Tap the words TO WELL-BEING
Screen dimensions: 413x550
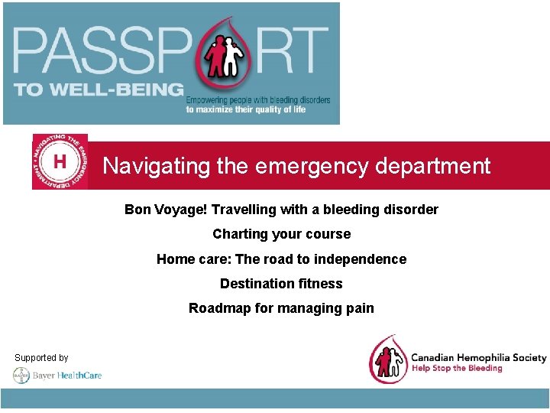[x=99, y=89]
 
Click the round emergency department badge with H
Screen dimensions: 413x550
[x=60, y=162]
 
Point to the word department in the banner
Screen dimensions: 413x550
[x=435, y=166]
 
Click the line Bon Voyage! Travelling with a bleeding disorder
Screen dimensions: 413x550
[x=281, y=210]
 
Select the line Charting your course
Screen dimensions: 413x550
[x=281, y=234]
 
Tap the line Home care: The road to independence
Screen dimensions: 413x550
[x=281, y=259]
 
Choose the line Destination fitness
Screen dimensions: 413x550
[x=281, y=284]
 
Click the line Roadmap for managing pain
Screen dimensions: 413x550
[x=281, y=308]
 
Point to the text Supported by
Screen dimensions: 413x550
[x=41, y=358]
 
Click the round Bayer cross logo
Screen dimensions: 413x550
[x=21, y=376]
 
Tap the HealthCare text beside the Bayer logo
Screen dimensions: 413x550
[x=79, y=376]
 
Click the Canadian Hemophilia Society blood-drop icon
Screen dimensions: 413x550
[x=387, y=359]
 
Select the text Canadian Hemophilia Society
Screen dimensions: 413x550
[x=479, y=357]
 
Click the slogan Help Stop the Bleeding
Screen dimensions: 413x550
[x=457, y=369]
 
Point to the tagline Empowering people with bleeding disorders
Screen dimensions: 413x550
[x=258, y=100]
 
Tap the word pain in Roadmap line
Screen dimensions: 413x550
[x=360, y=308]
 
